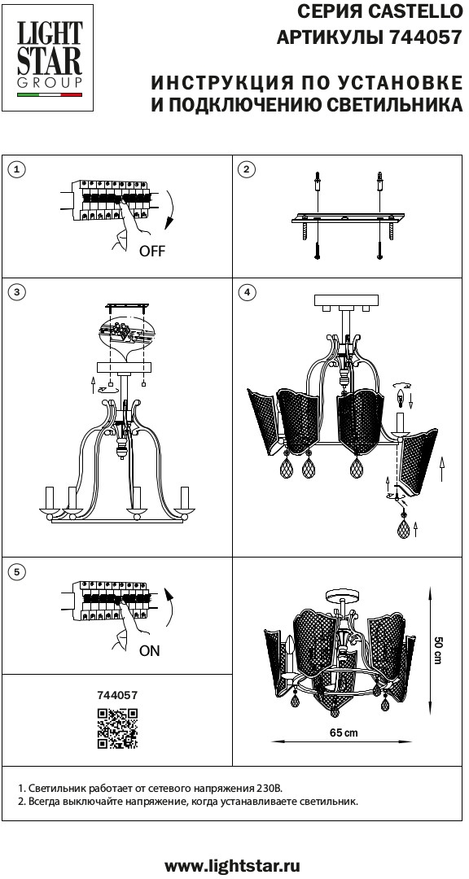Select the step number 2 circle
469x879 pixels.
(246, 170)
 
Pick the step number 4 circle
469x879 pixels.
(246, 291)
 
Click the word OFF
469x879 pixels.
(152, 251)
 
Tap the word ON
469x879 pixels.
(149, 651)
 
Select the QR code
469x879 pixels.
(118, 728)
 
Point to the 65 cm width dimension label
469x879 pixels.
(344, 732)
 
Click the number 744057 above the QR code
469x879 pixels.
(117, 695)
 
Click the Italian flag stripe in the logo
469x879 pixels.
(50, 95)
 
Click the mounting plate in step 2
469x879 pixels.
(348, 218)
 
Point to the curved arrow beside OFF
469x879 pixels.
(169, 211)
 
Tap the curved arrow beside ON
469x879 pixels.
(169, 607)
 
